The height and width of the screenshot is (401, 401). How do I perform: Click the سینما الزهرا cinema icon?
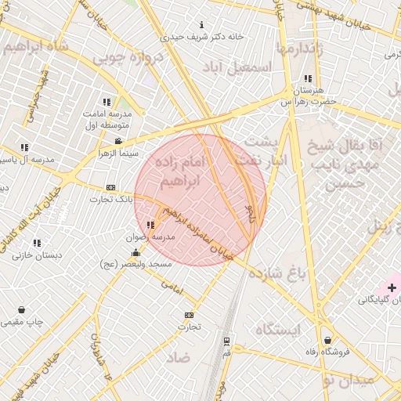(x=117, y=142)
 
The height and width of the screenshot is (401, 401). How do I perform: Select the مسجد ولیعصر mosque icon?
(x=137, y=252)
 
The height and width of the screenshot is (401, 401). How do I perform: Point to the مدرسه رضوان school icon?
(x=150, y=225)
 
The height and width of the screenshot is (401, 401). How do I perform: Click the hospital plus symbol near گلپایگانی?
(x=392, y=288)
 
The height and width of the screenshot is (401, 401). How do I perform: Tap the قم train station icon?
(x=226, y=341)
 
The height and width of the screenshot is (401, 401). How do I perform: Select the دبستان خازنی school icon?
(x=37, y=243)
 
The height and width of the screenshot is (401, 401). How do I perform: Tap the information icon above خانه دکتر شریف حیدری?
(x=204, y=24)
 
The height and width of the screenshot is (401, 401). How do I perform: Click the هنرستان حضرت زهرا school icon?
(x=308, y=78)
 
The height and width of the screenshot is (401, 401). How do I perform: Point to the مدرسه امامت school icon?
(x=107, y=102)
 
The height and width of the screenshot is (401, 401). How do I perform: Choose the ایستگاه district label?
(x=277, y=330)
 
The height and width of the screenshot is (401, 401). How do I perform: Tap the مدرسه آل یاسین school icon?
(x=25, y=147)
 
